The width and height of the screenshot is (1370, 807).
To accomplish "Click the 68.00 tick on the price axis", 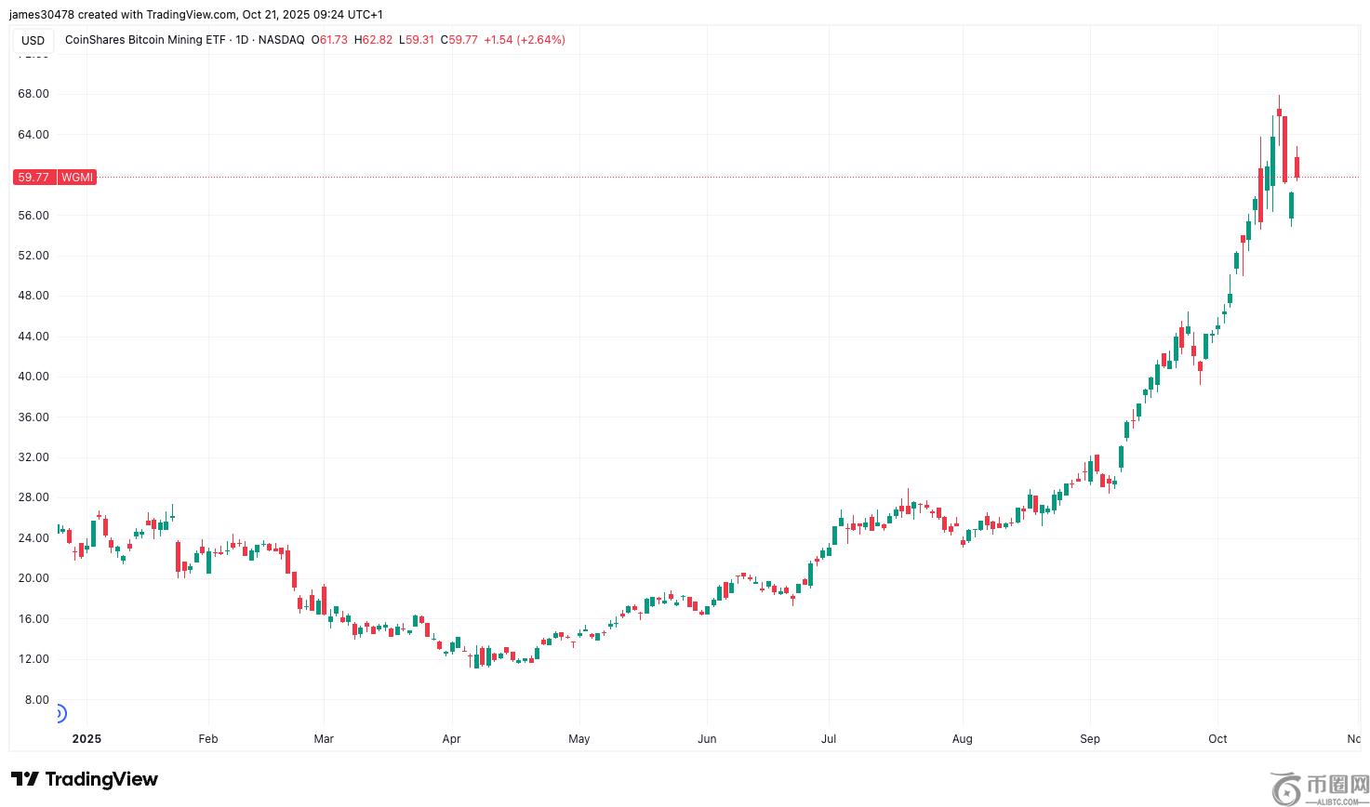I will coord(33,94).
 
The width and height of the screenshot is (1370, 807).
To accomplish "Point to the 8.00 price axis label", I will coord(36,699).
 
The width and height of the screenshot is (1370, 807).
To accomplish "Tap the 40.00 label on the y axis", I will coord(33,377).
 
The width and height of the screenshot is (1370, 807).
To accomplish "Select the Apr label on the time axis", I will coord(451,739).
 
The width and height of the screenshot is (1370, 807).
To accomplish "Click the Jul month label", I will coord(828,739).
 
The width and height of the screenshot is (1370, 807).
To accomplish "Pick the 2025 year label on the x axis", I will coord(86,739).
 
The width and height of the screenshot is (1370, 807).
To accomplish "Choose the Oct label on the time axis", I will coord(1217,739).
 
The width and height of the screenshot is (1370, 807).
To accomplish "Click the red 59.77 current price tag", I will coord(33,177).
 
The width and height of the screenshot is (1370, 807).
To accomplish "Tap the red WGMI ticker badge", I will coord(77,177).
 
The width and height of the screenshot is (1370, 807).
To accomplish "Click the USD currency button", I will coord(33,40).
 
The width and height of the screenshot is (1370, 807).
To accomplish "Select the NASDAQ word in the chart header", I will coord(282,40).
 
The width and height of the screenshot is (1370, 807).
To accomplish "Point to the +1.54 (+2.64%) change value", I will coord(525,40).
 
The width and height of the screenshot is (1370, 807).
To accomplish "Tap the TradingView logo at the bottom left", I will coord(85,779).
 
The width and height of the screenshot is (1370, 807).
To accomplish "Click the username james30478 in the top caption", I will coord(42,15).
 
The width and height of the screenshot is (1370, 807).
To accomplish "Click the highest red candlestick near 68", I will coord(1279,112).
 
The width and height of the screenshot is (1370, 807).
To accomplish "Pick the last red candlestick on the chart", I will coord(1297,167).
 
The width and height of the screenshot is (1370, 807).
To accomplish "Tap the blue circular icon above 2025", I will coord(59,714).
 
